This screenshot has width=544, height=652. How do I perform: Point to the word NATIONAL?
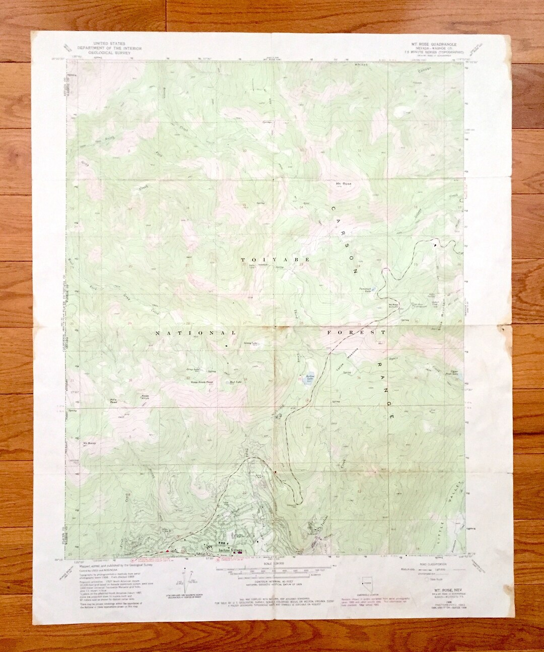coord(195,333)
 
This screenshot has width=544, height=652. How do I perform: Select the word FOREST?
coord(356,333)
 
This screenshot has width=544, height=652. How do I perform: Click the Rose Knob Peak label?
coord(202,383)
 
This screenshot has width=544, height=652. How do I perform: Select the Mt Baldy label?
coord(89,444)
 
